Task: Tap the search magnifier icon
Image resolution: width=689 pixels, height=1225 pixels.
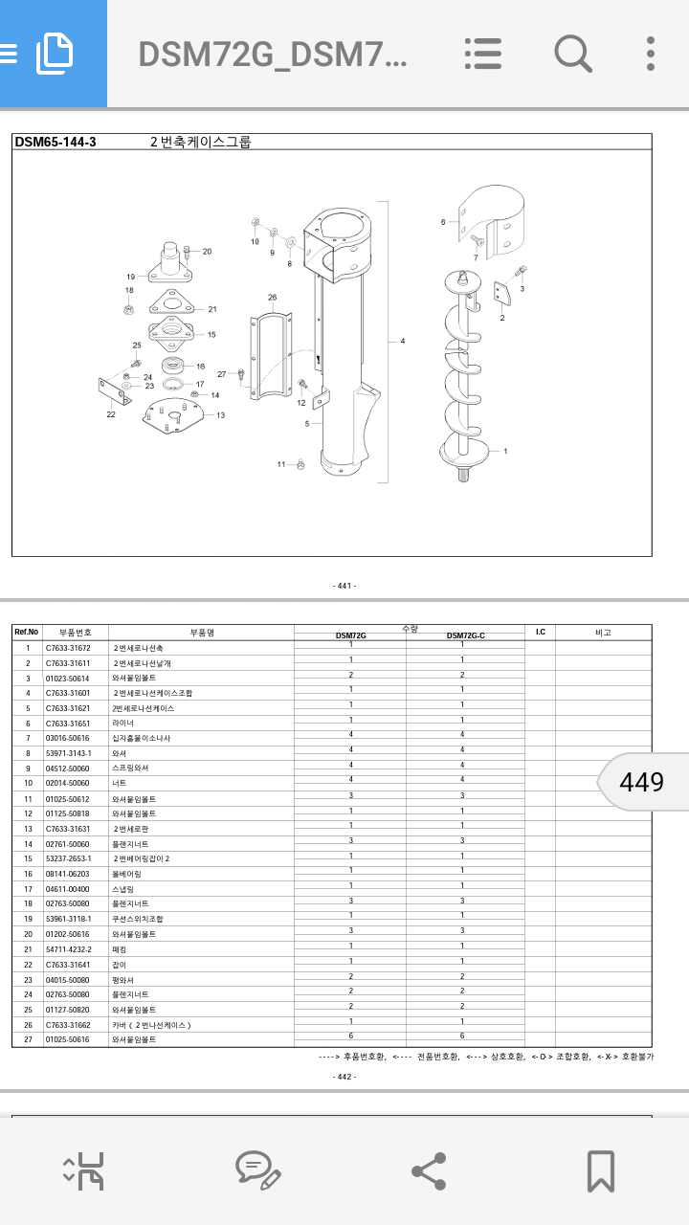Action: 572,54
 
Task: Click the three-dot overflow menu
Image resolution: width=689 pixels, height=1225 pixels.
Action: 651,54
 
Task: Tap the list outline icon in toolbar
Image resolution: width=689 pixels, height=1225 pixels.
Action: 483,54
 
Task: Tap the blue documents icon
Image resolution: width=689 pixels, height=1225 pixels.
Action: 54,54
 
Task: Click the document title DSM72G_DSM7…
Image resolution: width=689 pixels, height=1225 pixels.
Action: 273,55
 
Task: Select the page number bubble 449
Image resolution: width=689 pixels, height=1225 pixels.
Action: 641,782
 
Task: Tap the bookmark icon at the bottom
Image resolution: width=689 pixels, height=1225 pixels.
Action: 600,1170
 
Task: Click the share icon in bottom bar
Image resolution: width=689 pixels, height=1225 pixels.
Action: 428,1170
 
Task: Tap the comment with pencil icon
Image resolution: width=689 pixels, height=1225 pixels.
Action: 257,1170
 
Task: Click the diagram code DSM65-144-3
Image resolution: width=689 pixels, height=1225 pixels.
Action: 56,143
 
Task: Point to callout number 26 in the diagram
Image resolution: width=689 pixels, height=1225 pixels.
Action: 272,298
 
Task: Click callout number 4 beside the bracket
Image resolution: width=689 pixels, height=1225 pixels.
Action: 403,341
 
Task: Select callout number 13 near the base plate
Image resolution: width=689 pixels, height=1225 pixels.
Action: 220,415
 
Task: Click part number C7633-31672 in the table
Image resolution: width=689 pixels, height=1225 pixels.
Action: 68,648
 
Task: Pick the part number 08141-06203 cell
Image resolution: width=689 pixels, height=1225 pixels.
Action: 68,874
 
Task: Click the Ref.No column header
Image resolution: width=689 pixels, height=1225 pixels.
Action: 27,632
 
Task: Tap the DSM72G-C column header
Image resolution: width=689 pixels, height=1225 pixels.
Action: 465,635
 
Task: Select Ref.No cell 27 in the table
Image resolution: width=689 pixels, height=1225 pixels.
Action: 28,1039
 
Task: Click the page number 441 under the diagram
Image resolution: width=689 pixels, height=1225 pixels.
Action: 344,586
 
